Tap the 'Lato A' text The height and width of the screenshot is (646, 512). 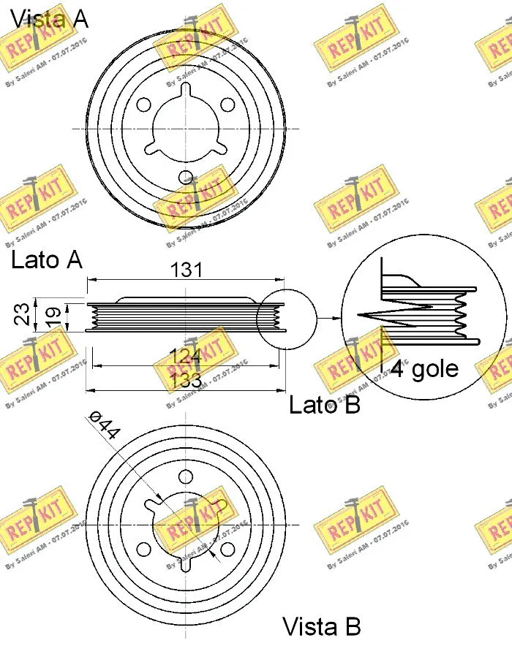tap(47, 259)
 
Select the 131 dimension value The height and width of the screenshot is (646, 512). tap(186, 270)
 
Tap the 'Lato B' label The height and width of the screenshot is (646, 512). tap(324, 404)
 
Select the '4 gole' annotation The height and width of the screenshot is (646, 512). tap(425, 368)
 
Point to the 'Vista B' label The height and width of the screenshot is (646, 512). tap(322, 627)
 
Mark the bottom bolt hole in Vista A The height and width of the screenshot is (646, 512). tap(186, 177)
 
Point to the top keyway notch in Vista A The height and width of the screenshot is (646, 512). tap(186, 90)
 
